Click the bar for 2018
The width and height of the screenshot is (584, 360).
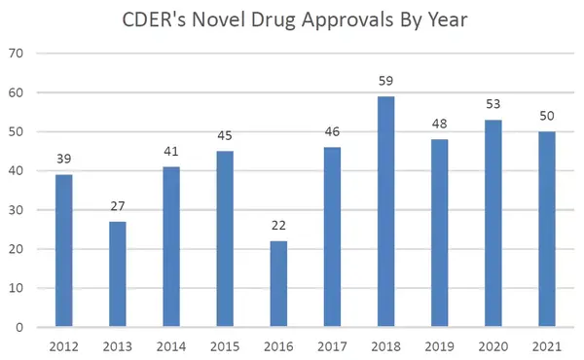pyautogui.click(x=386, y=211)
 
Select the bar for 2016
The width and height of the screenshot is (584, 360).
pyautogui.click(x=278, y=284)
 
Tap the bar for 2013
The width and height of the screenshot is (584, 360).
pyautogui.click(x=117, y=274)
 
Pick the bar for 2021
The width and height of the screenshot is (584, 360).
pyautogui.click(x=547, y=230)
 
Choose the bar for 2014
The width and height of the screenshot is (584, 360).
pyautogui.click(x=170, y=247)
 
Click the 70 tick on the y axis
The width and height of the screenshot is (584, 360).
pyautogui.click(x=17, y=54)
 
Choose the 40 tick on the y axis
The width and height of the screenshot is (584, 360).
pyautogui.click(x=17, y=171)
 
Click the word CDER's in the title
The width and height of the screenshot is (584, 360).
pyautogui.click(x=159, y=19)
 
